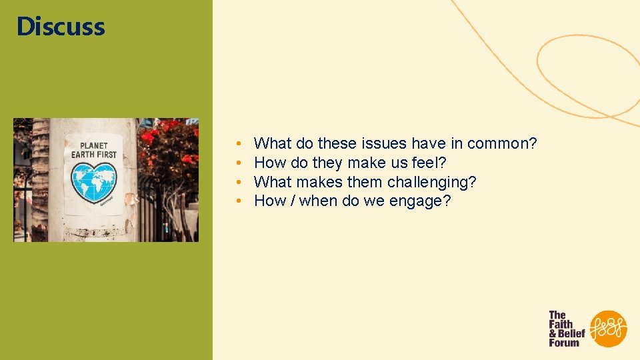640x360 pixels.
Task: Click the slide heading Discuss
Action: pyautogui.click(x=61, y=27)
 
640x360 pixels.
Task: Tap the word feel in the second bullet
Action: pyautogui.click(x=427, y=163)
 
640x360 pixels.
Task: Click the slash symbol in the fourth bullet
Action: pyautogui.click(x=293, y=201)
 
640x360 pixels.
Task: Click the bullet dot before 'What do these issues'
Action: pyautogui.click(x=238, y=144)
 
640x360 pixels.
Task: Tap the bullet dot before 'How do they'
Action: pyautogui.click(x=238, y=163)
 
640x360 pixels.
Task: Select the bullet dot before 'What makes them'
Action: pyautogui.click(x=238, y=183)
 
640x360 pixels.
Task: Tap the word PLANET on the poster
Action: pyautogui.click(x=94, y=145)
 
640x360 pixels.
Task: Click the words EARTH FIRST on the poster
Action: pyautogui.click(x=94, y=155)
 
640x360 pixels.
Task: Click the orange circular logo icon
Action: pyautogui.click(x=608, y=329)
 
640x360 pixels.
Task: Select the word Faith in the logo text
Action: pyautogui.click(x=561, y=324)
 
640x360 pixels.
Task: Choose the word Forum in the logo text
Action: pyautogui.click(x=564, y=343)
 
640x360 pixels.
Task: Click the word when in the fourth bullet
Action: pyautogui.click(x=318, y=201)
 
